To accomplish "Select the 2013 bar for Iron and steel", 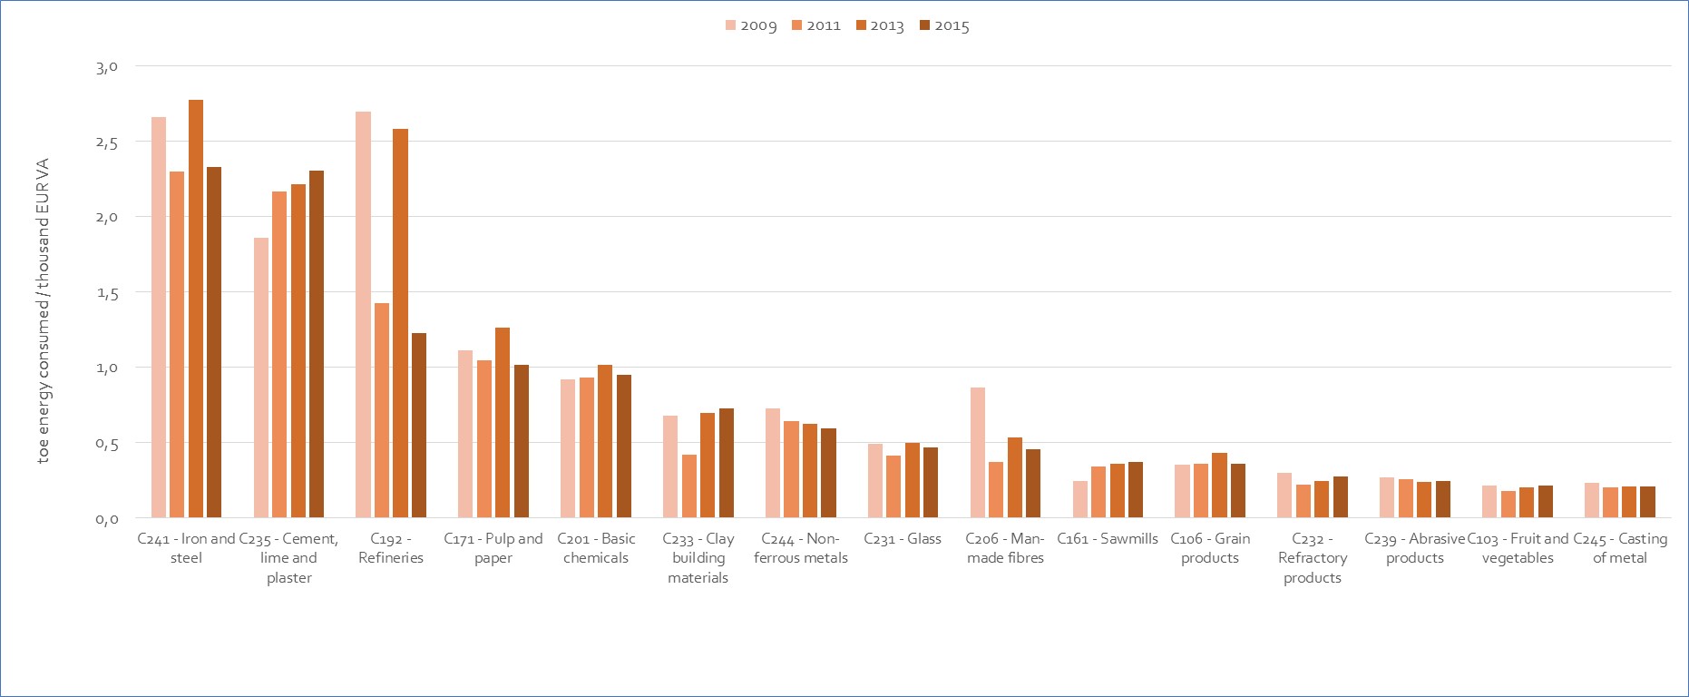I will tap(196, 309).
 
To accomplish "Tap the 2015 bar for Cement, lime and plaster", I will tap(317, 344).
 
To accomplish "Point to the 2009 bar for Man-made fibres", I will tap(978, 453).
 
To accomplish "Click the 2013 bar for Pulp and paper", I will tap(503, 423).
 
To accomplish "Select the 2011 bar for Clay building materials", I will tap(689, 486).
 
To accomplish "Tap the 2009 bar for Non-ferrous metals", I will tap(773, 463).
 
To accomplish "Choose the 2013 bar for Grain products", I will tap(1219, 486).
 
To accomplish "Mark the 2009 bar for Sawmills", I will tap(1080, 499).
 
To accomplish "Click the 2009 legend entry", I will tap(751, 25).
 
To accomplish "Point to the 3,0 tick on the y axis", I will tap(107, 66).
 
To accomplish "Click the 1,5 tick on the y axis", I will tap(107, 292).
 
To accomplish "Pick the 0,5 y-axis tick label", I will tap(107, 443).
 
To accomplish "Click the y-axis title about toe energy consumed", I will tap(43, 310).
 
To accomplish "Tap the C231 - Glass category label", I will tap(903, 539).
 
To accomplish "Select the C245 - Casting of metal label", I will tap(1620, 548).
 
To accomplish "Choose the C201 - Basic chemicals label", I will tap(596, 548).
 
